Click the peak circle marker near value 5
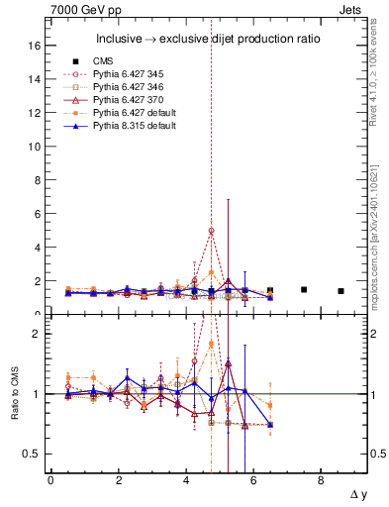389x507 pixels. click(x=211, y=231)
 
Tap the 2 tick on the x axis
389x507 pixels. click(x=118, y=480)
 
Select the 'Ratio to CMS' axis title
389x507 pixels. click(x=14, y=396)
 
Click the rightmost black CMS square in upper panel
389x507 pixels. click(x=340, y=291)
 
